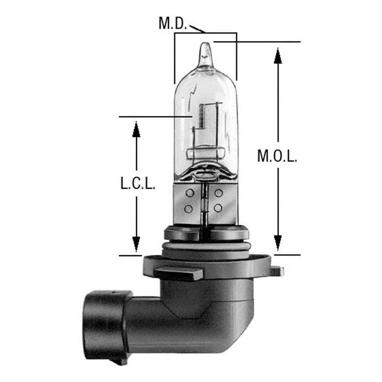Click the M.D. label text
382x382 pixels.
click(x=173, y=23)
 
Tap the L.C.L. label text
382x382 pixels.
click(x=138, y=185)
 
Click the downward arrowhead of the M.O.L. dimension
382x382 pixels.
click(x=278, y=243)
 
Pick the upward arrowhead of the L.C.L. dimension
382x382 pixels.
click(x=136, y=129)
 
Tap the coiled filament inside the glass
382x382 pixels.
click(x=200, y=115)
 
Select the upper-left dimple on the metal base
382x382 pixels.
click(x=189, y=193)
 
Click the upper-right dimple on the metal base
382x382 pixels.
click(x=219, y=193)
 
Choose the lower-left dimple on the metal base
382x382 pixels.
click(x=189, y=209)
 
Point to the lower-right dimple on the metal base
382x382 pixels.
click(x=219, y=208)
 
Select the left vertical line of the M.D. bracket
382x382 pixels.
click(x=174, y=58)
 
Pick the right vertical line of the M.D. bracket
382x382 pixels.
click(x=236, y=56)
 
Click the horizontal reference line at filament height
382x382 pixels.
click(x=153, y=117)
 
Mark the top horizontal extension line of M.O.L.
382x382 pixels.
click(x=261, y=42)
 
